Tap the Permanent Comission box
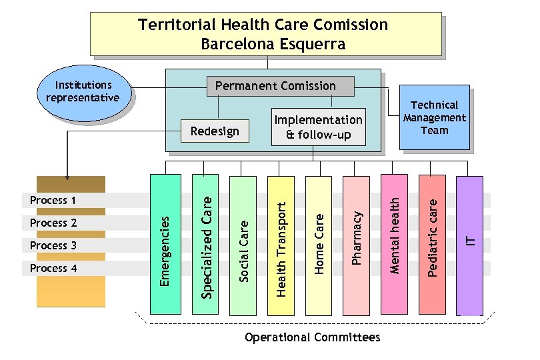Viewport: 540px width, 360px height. pyautogui.click(x=275, y=86)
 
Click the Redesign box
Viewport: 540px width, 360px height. pyautogui.click(x=215, y=131)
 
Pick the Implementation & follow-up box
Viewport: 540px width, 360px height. pyautogui.click(x=319, y=127)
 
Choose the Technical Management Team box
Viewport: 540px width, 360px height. pyautogui.click(x=434, y=117)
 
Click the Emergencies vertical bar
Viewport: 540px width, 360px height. pyautogui.click(x=165, y=244)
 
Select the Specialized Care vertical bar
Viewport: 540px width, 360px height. pyautogui.click(x=205, y=244)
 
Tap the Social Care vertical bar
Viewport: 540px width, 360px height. pyautogui.click(x=243, y=244)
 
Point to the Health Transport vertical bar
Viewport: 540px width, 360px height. pyautogui.click(x=281, y=244)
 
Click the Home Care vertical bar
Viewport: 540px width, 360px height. pyautogui.click(x=319, y=244)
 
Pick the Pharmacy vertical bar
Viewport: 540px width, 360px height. pyautogui.click(x=357, y=244)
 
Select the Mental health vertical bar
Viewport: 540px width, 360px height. pyautogui.click(x=395, y=244)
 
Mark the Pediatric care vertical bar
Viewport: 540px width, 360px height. pyautogui.click(x=433, y=244)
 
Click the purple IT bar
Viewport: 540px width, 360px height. pyautogui.click(x=471, y=244)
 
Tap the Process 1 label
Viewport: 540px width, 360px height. pyautogui.click(x=53, y=201)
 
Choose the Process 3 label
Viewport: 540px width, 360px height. pyautogui.click(x=53, y=245)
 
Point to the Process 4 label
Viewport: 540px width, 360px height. pyautogui.click(x=53, y=268)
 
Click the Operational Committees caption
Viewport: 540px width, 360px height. pyautogui.click(x=313, y=337)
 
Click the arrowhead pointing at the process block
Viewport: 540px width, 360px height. pyautogui.click(x=67, y=177)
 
